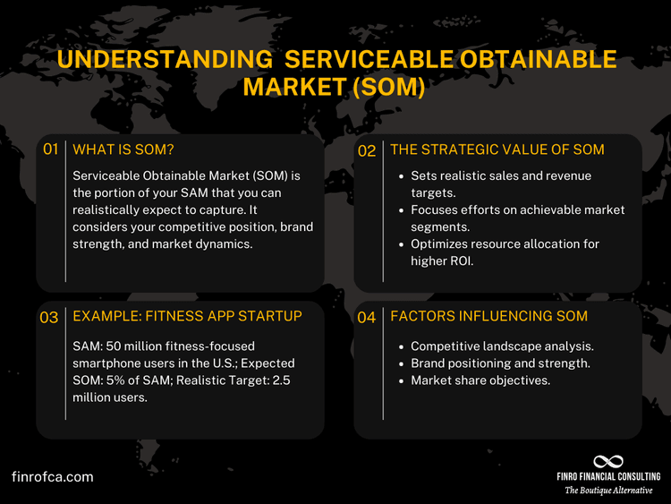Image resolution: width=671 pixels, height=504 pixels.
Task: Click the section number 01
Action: coord(50,149)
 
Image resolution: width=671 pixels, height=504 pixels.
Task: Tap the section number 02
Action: coord(367,150)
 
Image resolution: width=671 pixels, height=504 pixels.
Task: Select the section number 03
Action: coord(49,317)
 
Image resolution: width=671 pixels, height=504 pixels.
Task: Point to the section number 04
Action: coord(367,317)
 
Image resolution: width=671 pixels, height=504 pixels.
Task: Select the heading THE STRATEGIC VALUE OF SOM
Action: coord(497,149)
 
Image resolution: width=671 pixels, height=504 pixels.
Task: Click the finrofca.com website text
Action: coord(53,477)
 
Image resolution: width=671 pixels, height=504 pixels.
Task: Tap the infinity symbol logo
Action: coord(607,460)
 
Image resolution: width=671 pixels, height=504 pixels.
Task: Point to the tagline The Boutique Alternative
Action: coord(607,490)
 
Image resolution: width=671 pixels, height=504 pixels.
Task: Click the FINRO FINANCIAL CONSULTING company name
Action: coord(607,476)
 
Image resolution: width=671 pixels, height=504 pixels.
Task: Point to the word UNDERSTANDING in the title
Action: coord(144,60)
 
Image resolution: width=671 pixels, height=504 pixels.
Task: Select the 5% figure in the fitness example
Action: coord(116,380)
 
